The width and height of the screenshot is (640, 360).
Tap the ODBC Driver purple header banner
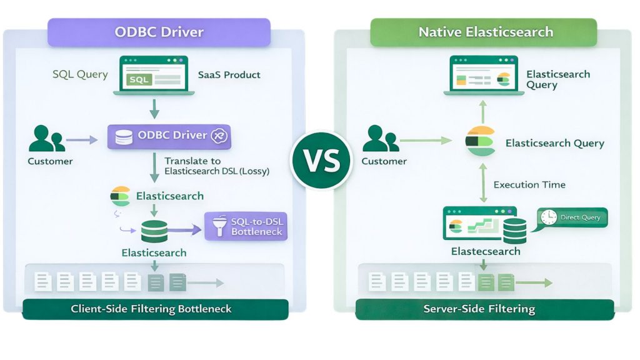click(x=159, y=32)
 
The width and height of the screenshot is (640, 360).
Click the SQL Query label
click(x=80, y=74)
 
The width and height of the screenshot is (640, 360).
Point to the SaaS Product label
click(x=229, y=74)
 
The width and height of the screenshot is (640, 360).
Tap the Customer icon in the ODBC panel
click(x=47, y=139)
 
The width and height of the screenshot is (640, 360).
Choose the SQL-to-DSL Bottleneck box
click(x=246, y=226)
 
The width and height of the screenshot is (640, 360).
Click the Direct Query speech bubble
click(x=572, y=217)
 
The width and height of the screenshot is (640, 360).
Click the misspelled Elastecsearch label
click(x=485, y=251)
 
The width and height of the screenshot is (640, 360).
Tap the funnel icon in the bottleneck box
click(x=219, y=226)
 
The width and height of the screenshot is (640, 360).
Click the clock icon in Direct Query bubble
click(x=548, y=217)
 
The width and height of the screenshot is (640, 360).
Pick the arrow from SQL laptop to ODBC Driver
click(x=153, y=110)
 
